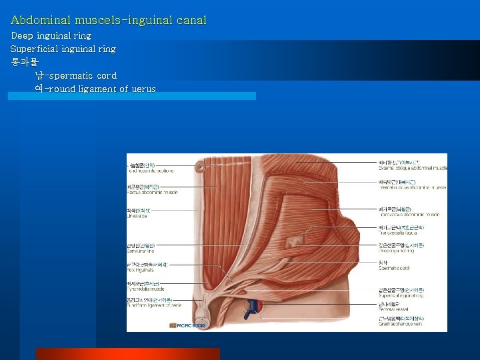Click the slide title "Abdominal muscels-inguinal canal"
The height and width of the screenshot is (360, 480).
pyautogui.click(x=109, y=21)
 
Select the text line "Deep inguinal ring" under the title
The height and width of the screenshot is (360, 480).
pyautogui.click(x=51, y=35)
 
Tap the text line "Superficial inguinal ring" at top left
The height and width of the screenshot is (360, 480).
pyautogui.click(x=63, y=49)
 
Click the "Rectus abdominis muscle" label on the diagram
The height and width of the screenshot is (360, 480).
pyautogui.click(x=152, y=192)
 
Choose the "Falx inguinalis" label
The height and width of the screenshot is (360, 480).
pyautogui.click(x=141, y=271)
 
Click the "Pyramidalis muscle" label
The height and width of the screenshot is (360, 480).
pyautogui.click(x=146, y=289)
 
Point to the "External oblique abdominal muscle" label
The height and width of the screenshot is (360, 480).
pyautogui.click(x=413, y=167)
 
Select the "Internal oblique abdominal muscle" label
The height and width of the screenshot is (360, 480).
pyautogui.click(x=411, y=187)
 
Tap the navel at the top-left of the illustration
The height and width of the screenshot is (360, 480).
pyautogui.click(x=200, y=166)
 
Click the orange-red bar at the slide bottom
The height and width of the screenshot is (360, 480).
pyautogui.click(x=127, y=353)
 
